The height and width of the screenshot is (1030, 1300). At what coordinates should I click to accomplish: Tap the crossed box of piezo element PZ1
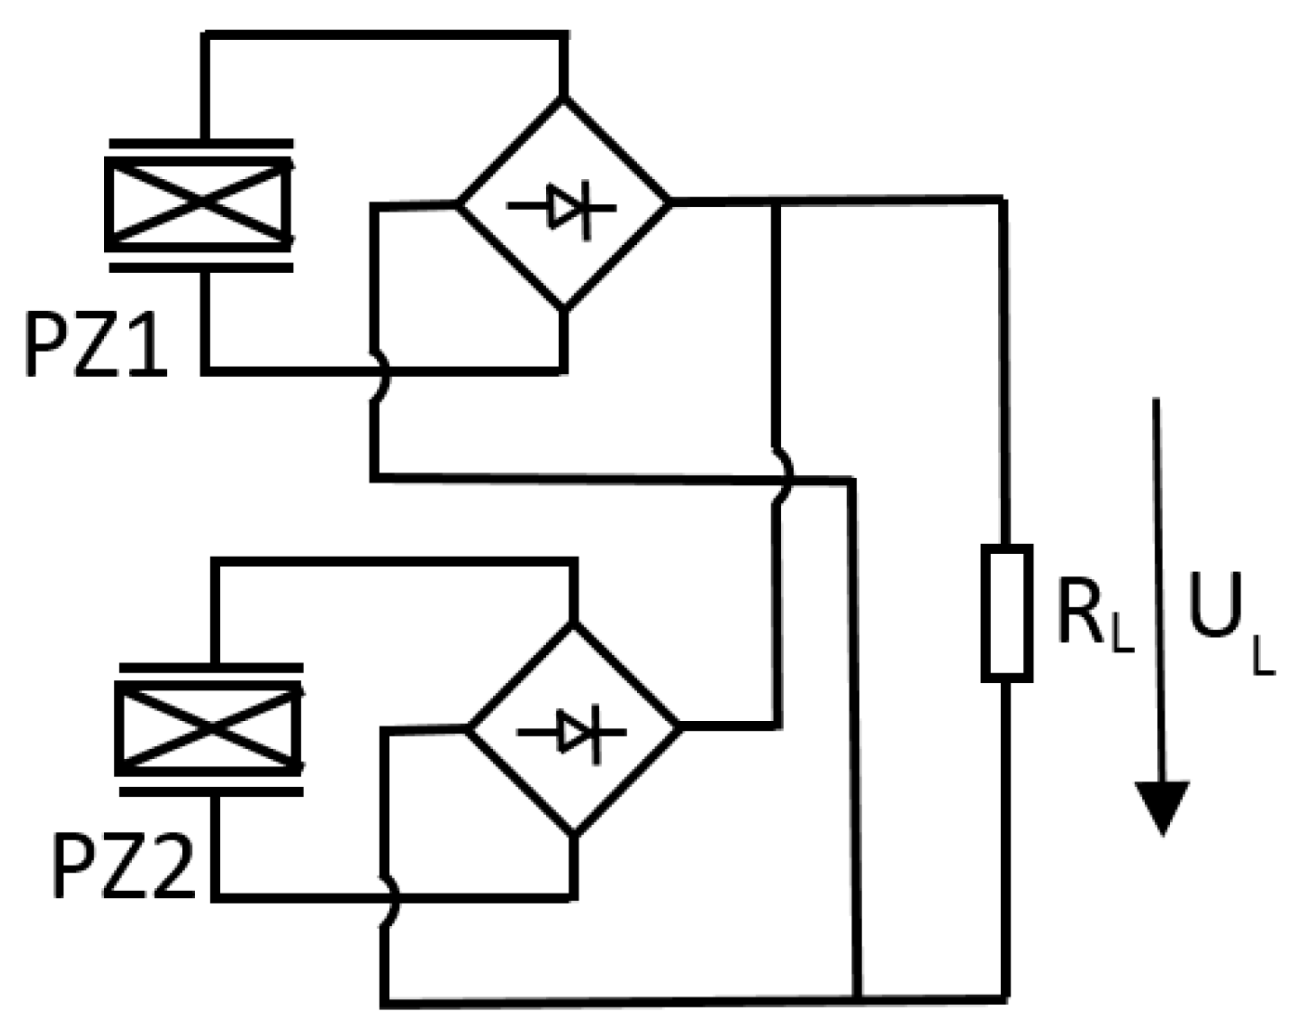(x=200, y=205)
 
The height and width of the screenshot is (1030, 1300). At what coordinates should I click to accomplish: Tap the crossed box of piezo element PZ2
(x=209, y=729)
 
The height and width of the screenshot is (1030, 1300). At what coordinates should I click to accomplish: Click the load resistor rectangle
(x=1007, y=613)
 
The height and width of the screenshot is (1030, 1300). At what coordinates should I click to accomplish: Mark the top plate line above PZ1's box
(x=201, y=145)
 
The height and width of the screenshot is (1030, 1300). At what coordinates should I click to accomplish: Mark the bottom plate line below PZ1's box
(x=201, y=267)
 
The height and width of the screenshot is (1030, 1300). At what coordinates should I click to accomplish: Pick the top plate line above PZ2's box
(x=211, y=668)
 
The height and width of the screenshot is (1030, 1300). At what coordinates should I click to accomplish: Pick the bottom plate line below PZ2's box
(x=212, y=792)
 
